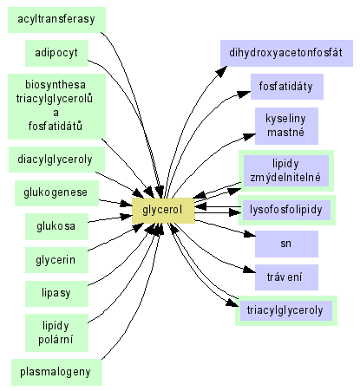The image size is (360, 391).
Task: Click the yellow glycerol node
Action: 163,211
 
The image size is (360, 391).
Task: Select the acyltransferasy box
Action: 56,20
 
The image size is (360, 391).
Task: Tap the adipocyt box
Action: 56,53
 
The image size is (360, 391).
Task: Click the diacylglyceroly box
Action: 56,160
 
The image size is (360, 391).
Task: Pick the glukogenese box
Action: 56,193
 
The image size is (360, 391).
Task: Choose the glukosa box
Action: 56,226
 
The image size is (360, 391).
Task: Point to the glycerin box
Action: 56,260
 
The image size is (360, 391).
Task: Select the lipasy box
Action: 56,294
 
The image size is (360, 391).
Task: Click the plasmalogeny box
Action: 56,372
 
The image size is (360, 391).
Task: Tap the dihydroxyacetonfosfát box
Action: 286,53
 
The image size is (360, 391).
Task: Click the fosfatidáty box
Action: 287,87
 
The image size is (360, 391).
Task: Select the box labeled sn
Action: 286,244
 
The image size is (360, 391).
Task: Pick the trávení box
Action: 286,277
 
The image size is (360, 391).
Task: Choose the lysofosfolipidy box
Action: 286,210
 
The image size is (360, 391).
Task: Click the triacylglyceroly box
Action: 286,310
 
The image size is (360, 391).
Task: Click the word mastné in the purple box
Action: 285,133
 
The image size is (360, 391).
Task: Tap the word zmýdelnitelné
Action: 285,177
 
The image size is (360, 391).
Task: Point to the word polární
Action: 56,339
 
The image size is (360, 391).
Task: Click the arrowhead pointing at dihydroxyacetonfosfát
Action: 221,71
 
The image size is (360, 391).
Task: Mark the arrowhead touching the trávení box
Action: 249,270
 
